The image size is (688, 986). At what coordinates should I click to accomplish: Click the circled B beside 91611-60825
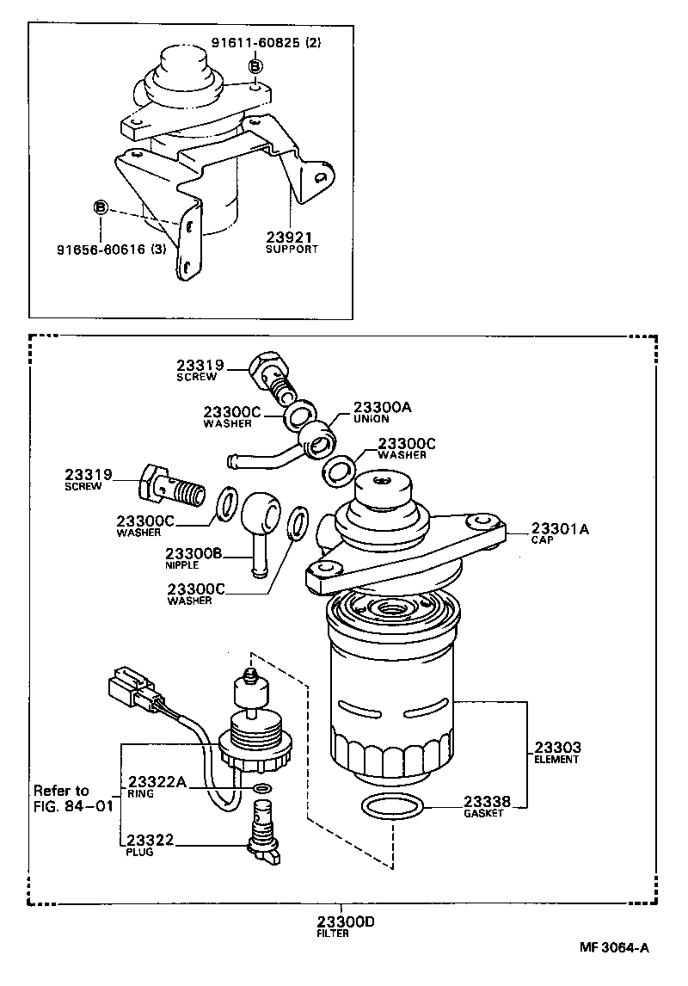[255, 67]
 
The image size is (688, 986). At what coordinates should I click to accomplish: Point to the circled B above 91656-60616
[101, 208]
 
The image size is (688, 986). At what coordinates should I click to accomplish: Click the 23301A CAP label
[560, 535]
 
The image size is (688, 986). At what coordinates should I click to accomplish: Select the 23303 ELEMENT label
[557, 752]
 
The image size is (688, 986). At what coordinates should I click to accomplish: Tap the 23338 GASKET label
[488, 806]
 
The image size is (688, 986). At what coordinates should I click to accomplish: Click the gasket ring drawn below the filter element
[393, 808]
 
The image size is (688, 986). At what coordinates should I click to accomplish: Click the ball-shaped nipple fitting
[258, 516]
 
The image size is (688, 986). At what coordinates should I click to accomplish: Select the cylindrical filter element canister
[390, 688]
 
